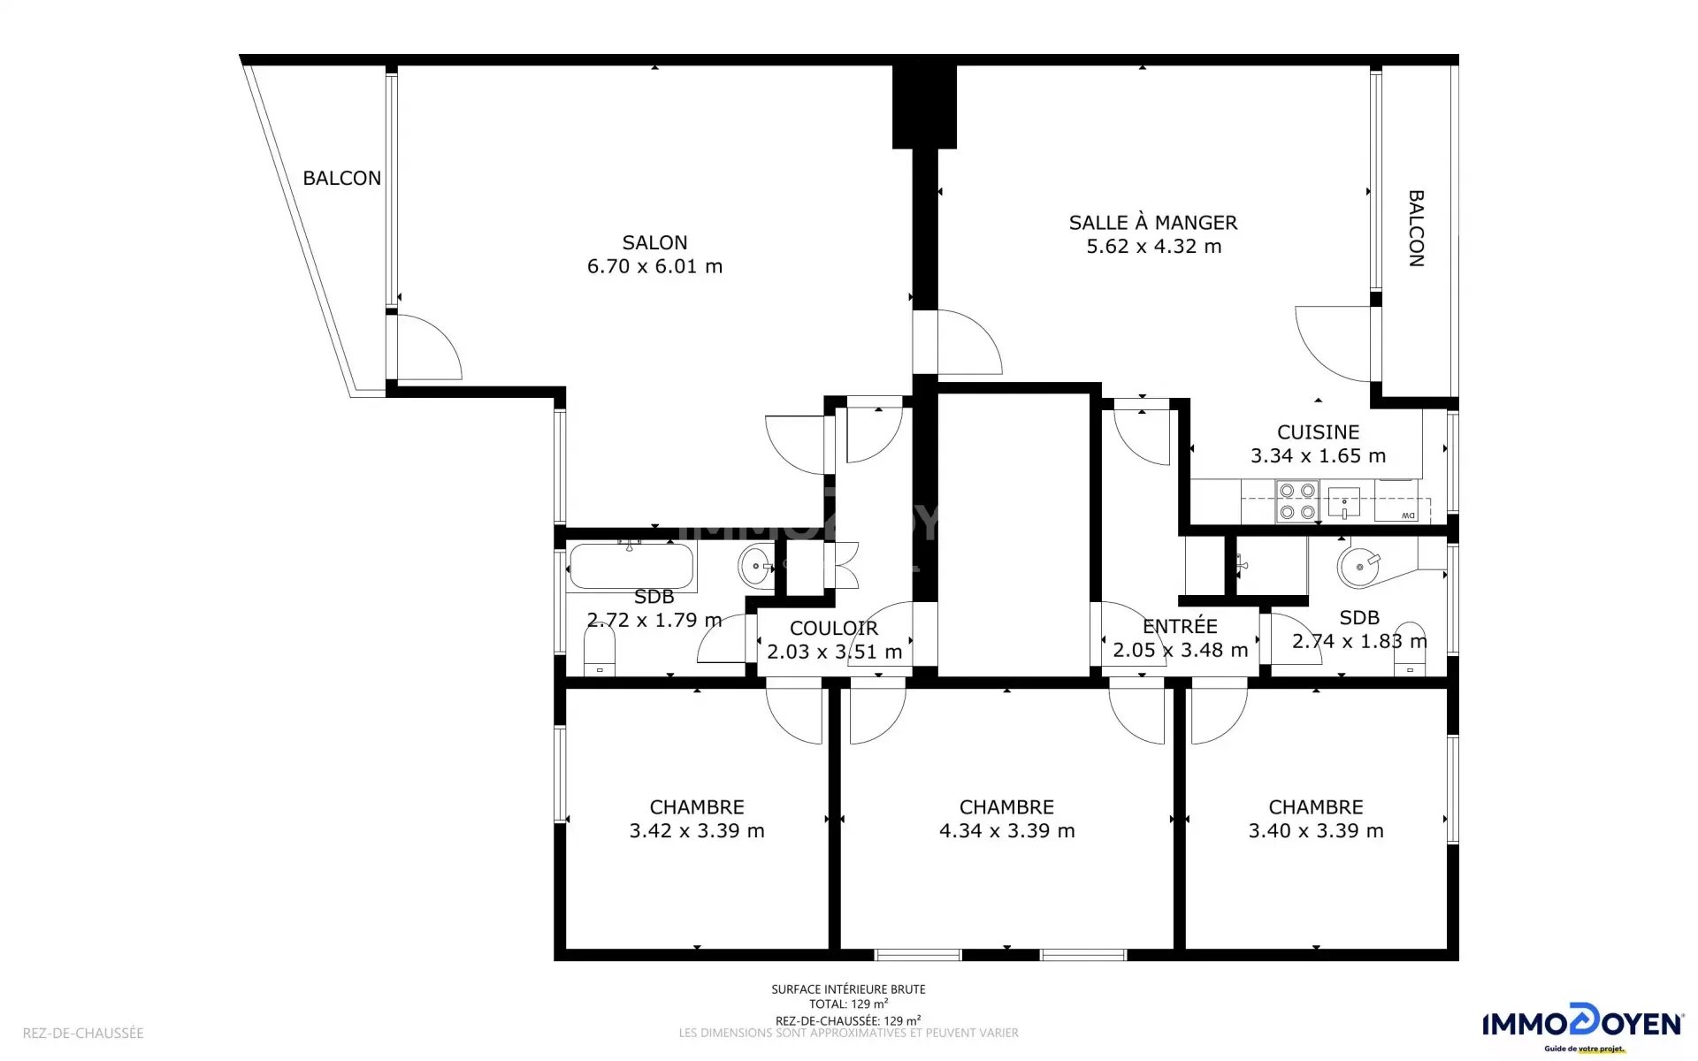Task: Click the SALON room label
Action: [654, 242]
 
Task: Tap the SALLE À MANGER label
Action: [1153, 223]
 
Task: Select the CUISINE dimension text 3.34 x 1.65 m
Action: [1318, 456]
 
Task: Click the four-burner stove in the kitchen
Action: [1297, 501]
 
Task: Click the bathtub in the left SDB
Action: [631, 566]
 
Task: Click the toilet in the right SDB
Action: [1410, 652]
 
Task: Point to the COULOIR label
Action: [834, 629]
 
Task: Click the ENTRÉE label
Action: [1180, 626]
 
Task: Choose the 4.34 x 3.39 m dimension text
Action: [1007, 831]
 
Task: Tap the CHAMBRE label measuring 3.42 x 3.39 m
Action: [697, 807]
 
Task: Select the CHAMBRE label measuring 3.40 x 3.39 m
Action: [1316, 807]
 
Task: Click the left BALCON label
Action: [342, 179]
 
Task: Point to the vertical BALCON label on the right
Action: [1416, 228]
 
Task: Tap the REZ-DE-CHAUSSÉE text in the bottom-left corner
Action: [83, 1033]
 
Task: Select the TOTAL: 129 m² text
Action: [848, 1004]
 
